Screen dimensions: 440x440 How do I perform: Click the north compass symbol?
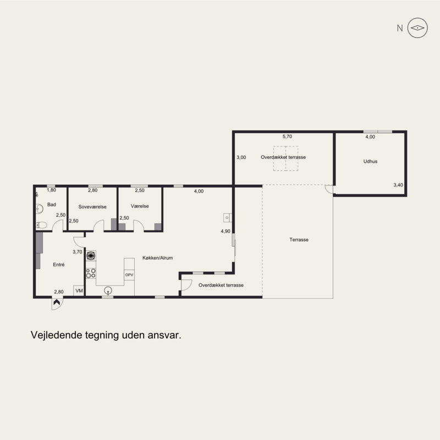417,28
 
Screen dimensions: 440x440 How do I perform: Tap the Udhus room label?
370,161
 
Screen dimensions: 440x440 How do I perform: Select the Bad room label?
51,205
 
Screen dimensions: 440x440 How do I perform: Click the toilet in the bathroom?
42,225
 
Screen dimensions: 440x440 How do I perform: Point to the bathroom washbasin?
40,209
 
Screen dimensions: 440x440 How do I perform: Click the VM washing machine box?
79,291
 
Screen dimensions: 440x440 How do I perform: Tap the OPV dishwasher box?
129,274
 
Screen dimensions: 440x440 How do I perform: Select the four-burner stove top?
91,273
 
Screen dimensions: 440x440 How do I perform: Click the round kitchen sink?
108,290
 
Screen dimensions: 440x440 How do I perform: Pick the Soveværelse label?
92,207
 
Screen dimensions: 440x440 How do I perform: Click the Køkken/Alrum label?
157,258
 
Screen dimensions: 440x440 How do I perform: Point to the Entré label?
59,265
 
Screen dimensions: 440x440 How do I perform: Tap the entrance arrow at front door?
57,302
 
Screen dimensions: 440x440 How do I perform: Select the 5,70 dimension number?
287,136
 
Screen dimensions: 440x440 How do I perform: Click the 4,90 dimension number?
226,231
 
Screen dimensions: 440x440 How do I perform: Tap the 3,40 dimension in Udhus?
398,185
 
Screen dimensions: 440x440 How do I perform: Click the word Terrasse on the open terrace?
299,240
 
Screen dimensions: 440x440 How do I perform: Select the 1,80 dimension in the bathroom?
51,190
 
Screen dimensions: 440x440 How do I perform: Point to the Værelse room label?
140,206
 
